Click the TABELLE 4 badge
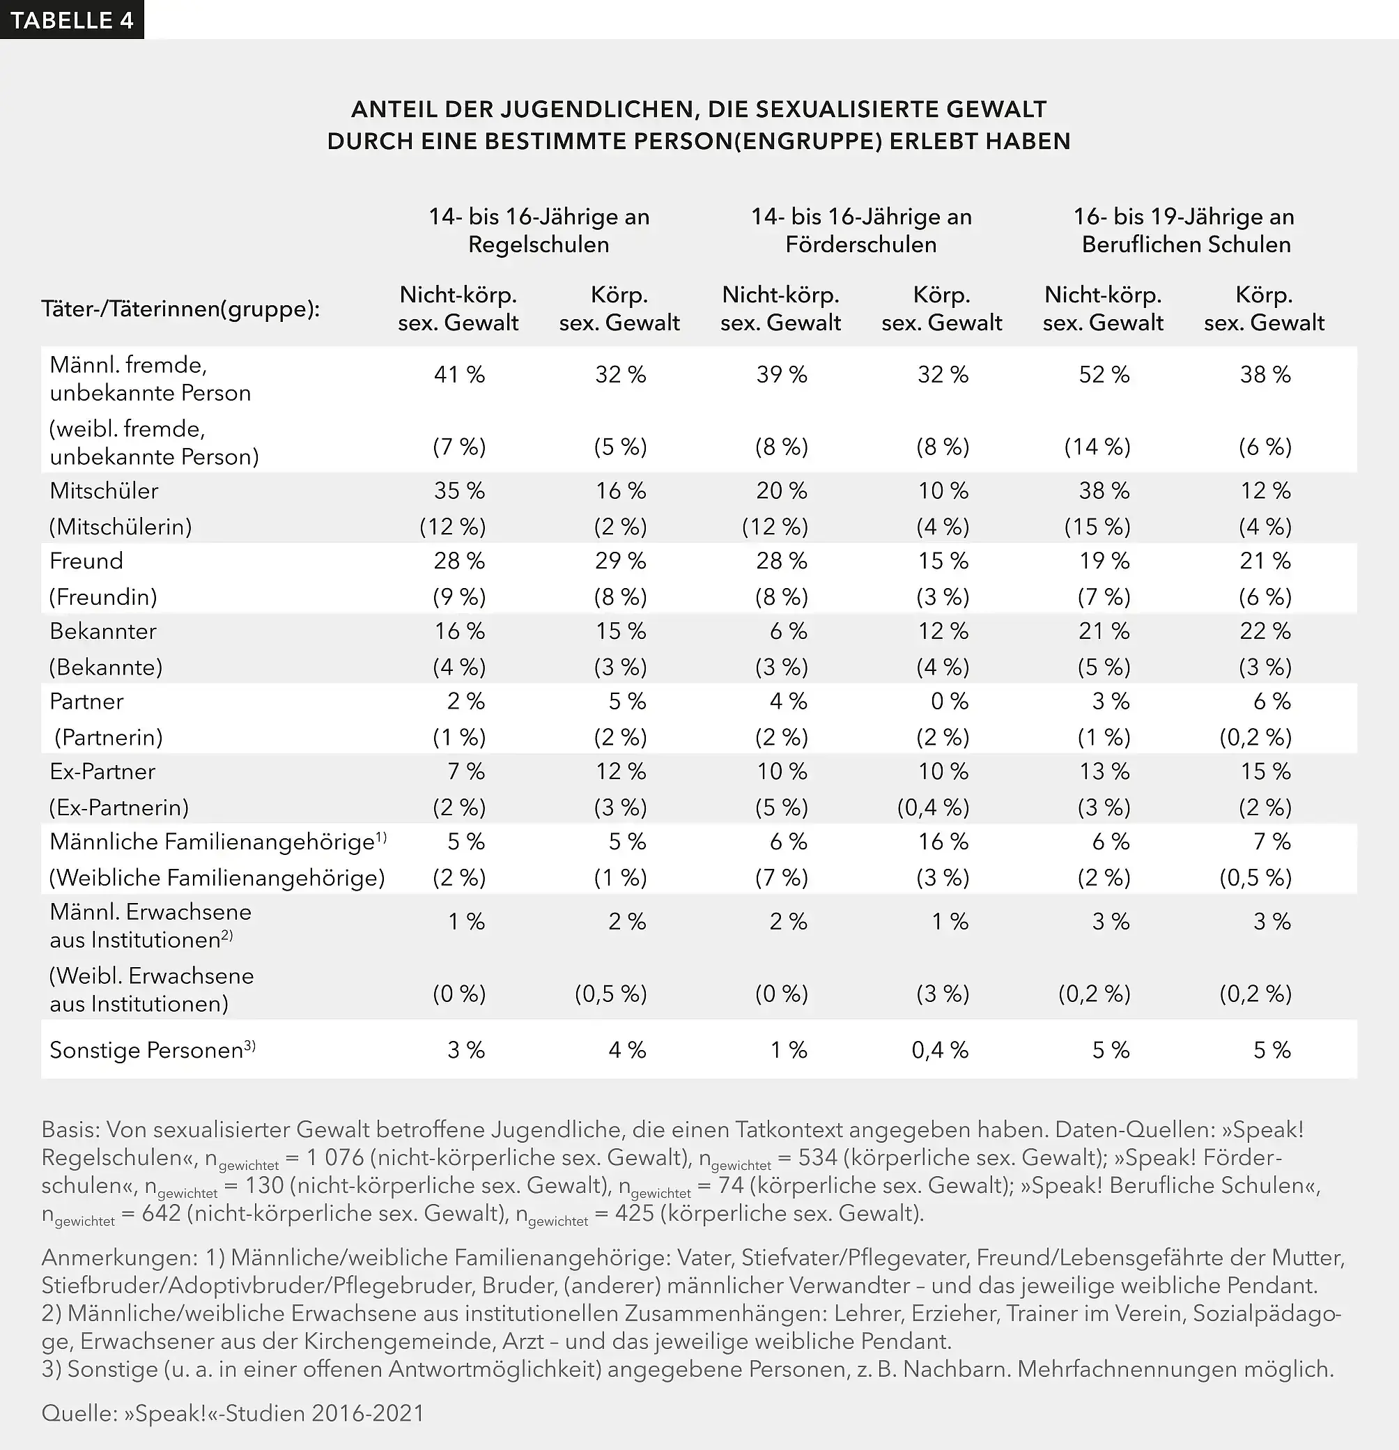pos(72,20)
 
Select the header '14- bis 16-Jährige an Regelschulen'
pos(539,230)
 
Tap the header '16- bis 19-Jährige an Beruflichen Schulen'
pos(1185,230)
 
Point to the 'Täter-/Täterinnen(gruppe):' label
pos(180,309)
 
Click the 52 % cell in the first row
pos(1104,374)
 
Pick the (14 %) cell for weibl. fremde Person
pos(1097,446)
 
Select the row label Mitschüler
pos(105,491)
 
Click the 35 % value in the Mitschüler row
pos(458,491)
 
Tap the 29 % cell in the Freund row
pos(620,561)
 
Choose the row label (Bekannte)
pos(106,667)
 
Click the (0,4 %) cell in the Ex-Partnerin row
pos(933,807)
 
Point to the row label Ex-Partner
pos(103,771)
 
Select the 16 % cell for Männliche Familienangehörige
pos(943,841)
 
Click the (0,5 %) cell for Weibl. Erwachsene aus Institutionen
pos(610,993)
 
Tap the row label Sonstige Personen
pos(146,1050)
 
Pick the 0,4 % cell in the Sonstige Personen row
pos(940,1050)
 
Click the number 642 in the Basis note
pos(160,1213)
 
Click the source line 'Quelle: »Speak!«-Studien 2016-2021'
pos(233,1412)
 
